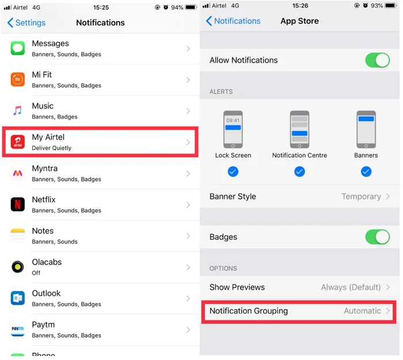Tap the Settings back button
pyautogui.click(x=26, y=22)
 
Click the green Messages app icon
pyautogui.click(x=18, y=48)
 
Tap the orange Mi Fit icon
pyautogui.click(x=18, y=79)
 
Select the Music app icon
pyautogui.click(x=18, y=110)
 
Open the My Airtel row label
pyautogui.click(x=48, y=137)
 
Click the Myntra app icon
pyautogui.click(x=18, y=173)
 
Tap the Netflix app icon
pyautogui.click(x=18, y=204)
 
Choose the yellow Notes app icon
pyautogui.click(x=18, y=235)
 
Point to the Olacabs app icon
pyautogui.click(x=18, y=267)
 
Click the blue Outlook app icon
pyautogui.click(x=18, y=298)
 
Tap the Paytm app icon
pyautogui.click(x=18, y=330)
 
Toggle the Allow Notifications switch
pyautogui.click(x=377, y=60)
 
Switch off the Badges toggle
pyautogui.click(x=377, y=237)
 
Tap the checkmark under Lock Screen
pyautogui.click(x=233, y=171)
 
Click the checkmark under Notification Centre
pyautogui.click(x=299, y=171)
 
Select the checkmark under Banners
pyautogui.click(x=366, y=171)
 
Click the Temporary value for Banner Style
pyautogui.click(x=361, y=197)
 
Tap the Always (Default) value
pyautogui.click(x=351, y=287)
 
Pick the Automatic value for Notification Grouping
pyautogui.click(x=362, y=311)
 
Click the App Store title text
pyautogui.click(x=299, y=21)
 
